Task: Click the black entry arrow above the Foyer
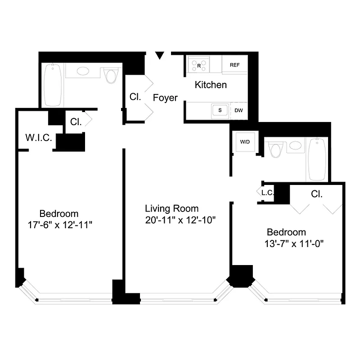pyautogui.click(x=159, y=55)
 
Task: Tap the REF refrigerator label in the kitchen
pyautogui.click(x=234, y=65)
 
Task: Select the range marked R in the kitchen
pyautogui.click(x=199, y=64)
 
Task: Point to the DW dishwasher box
pyautogui.click(x=238, y=110)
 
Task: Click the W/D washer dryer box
pyautogui.click(x=244, y=142)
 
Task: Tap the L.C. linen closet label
pyautogui.click(x=267, y=193)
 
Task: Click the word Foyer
pyautogui.click(x=165, y=98)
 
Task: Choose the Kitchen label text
pyautogui.click(x=211, y=85)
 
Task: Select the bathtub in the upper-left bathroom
pyautogui.click(x=53, y=85)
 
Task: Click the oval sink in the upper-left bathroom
pyautogui.click(x=84, y=71)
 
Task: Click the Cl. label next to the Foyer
pyautogui.click(x=135, y=97)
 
